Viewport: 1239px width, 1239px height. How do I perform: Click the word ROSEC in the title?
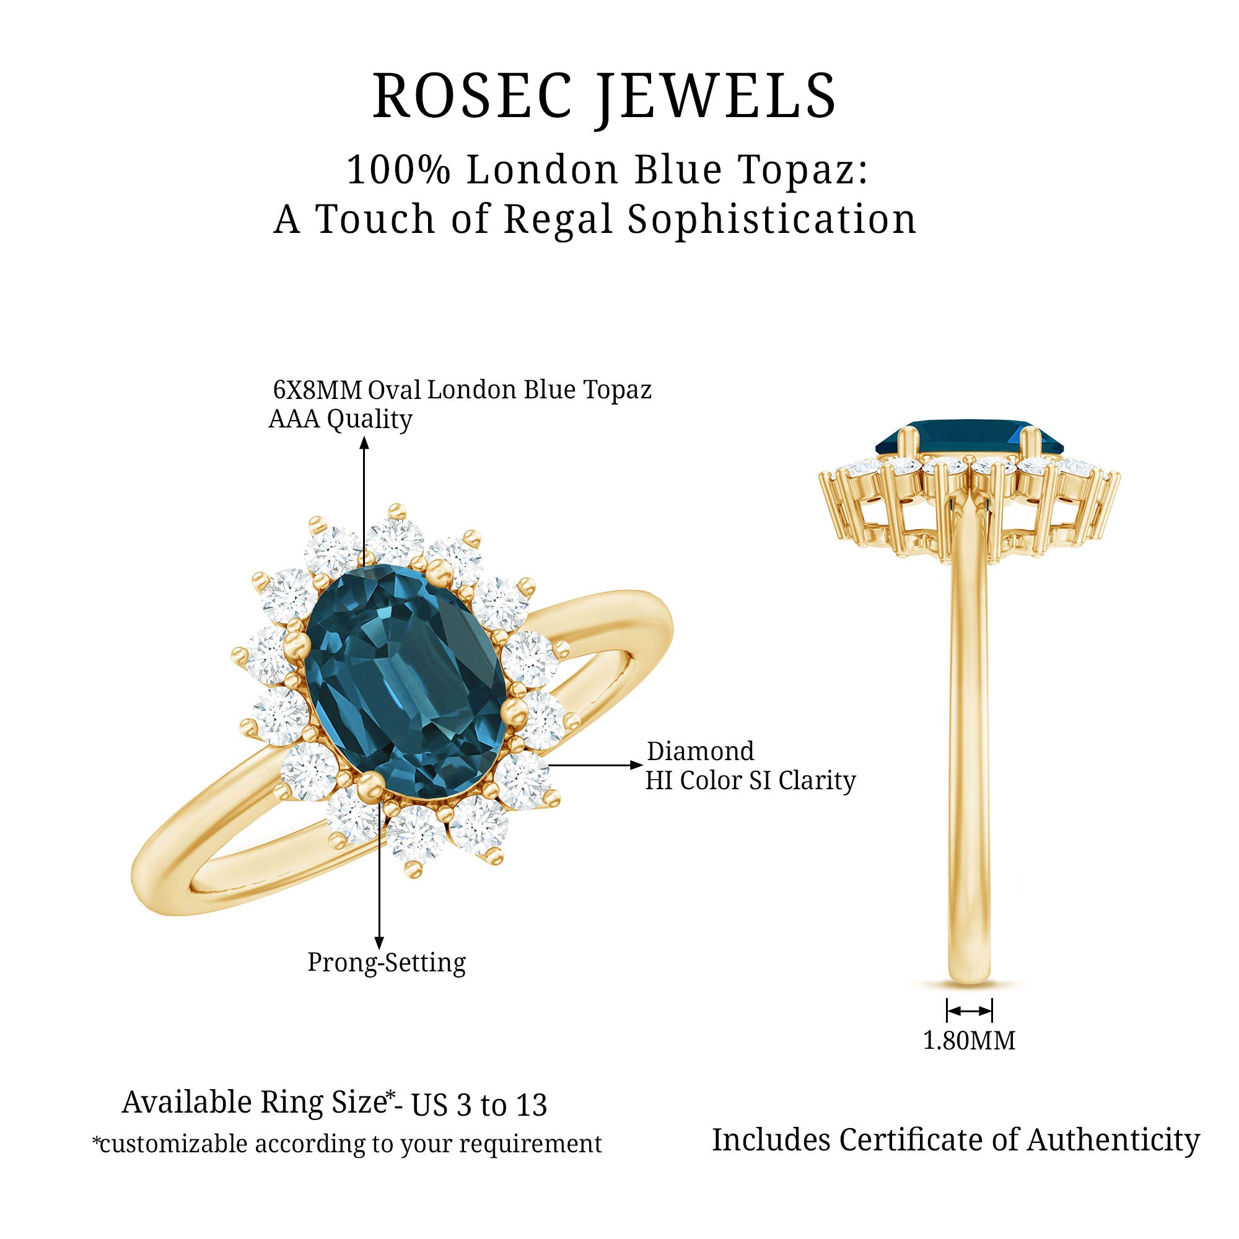pyautogui.click(x=472, y=95)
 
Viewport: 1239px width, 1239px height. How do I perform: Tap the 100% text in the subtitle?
pyautogui.click(x=399, y=170)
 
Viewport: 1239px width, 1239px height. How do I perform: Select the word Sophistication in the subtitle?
pyautogui.click(x=772, y=219)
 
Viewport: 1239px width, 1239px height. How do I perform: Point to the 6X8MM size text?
pyautogui.click(x=315, y=389)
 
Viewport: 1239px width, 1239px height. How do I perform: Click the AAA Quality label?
pyautogui.click(x=340, y=419)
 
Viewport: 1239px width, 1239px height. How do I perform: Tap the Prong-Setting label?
pyautogui.click(x=386, y=962)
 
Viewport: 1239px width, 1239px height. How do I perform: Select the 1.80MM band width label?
pyautogui.click(x=969, y=1040)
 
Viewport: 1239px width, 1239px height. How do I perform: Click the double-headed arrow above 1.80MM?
pyautogui.click(x=969, y=1010)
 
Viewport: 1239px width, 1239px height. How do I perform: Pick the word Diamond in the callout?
pyautogui.click(x=700, y=751)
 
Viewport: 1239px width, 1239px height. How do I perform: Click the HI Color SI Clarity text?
pyautogui.click(x=750, y=781)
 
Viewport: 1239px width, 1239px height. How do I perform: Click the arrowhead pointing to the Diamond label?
pyautogui.click(x=636, y=765)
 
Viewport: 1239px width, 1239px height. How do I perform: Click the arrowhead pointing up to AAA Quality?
pyautogui.click(x=364, y=443)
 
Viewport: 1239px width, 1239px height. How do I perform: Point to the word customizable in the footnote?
pyautogui.click(x=173, y=1144)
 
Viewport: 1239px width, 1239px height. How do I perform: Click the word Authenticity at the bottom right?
pyautogui.click(x=1113, y=1141)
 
